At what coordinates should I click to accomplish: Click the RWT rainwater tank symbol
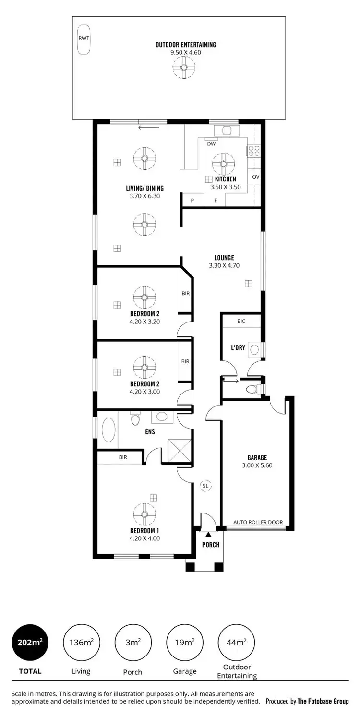[84, 39]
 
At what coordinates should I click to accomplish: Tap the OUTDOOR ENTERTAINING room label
[186, 45]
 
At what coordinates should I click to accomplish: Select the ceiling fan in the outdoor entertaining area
[184, 67]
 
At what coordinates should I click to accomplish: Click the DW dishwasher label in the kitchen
[211, 143]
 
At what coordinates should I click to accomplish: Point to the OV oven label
[255, 177]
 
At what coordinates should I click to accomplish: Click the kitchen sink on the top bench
[227, 131]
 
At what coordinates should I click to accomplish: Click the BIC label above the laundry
[241, 321]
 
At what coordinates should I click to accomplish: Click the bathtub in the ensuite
[109, 430]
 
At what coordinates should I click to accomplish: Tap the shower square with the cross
[177, 451]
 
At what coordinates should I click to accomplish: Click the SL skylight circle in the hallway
[205, 486]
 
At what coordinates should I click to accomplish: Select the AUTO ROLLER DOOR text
[258, 522]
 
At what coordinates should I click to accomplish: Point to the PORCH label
[210, 545]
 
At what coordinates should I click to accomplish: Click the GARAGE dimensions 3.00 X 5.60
[257, 465]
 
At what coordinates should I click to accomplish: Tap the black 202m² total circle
[30, 643]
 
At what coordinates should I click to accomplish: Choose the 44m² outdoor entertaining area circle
[236, 643]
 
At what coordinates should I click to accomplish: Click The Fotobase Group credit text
[323, 701]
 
